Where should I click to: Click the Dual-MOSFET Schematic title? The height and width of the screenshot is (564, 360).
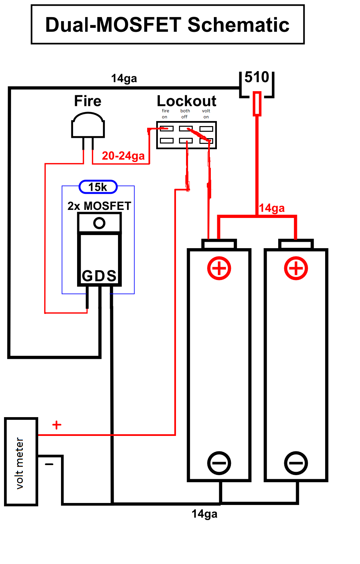[167, 25]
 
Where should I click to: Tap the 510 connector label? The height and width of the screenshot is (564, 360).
[257, 77]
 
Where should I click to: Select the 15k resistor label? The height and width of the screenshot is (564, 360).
[98, 187]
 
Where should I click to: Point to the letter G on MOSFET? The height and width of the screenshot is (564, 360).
[87, 276]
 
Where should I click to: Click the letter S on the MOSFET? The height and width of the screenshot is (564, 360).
[112, 276]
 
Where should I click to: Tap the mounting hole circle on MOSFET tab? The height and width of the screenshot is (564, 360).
[99, 223]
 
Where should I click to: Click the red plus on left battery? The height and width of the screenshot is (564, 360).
[219, 268]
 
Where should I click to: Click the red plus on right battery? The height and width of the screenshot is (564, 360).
[296, 268]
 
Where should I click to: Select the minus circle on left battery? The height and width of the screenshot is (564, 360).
[219, 463]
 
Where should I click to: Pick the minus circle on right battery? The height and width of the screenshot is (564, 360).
[296, 463]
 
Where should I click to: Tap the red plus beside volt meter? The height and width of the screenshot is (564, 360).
[57, 425]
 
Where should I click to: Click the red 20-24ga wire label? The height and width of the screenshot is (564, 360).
[123, 156]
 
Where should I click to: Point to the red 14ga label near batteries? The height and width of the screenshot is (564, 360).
[272, 208]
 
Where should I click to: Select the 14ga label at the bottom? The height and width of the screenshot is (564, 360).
[204, 514]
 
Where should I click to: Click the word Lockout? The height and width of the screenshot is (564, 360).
[186, 101]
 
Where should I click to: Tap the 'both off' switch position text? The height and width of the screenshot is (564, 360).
[185, 114]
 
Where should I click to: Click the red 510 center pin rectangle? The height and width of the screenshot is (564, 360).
[257, 104]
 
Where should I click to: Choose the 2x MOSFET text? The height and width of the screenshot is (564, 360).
[99, 206]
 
